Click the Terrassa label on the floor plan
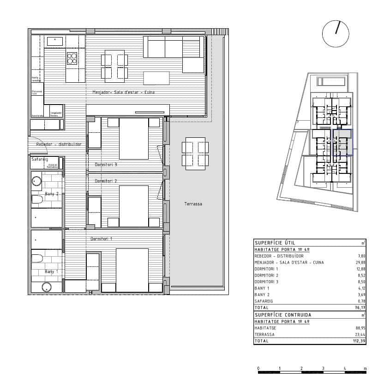pyautogui.click(x=193, y=204)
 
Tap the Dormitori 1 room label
pyautogui.click(x=102, y=239)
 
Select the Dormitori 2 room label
pyautogui.click(x=106, y=181)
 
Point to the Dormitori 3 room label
pyautogui.click(x=106, y=164)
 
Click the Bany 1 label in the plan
pyautogui.click(x=51, y=271)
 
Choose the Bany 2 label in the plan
pyautogui.click(x=51, y=194)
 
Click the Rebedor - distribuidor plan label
pyautogui.click(x=59, y=144)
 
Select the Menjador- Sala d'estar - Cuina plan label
pyautogui.click(x=123, y=92)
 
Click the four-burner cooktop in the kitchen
pyautogui.click(x=72, y=58)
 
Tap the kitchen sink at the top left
pyautogui.click(x=55, y=41)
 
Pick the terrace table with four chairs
pyautogui.click(x=195, y=153)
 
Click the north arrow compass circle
pyautogui.click(x=336, y=34)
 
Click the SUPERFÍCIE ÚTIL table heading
pyautogui.click(x=275, y=242)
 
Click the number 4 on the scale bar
pyautogui.click(x=344, y=368)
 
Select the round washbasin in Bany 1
pyautogui.click(x=46, y=287)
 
